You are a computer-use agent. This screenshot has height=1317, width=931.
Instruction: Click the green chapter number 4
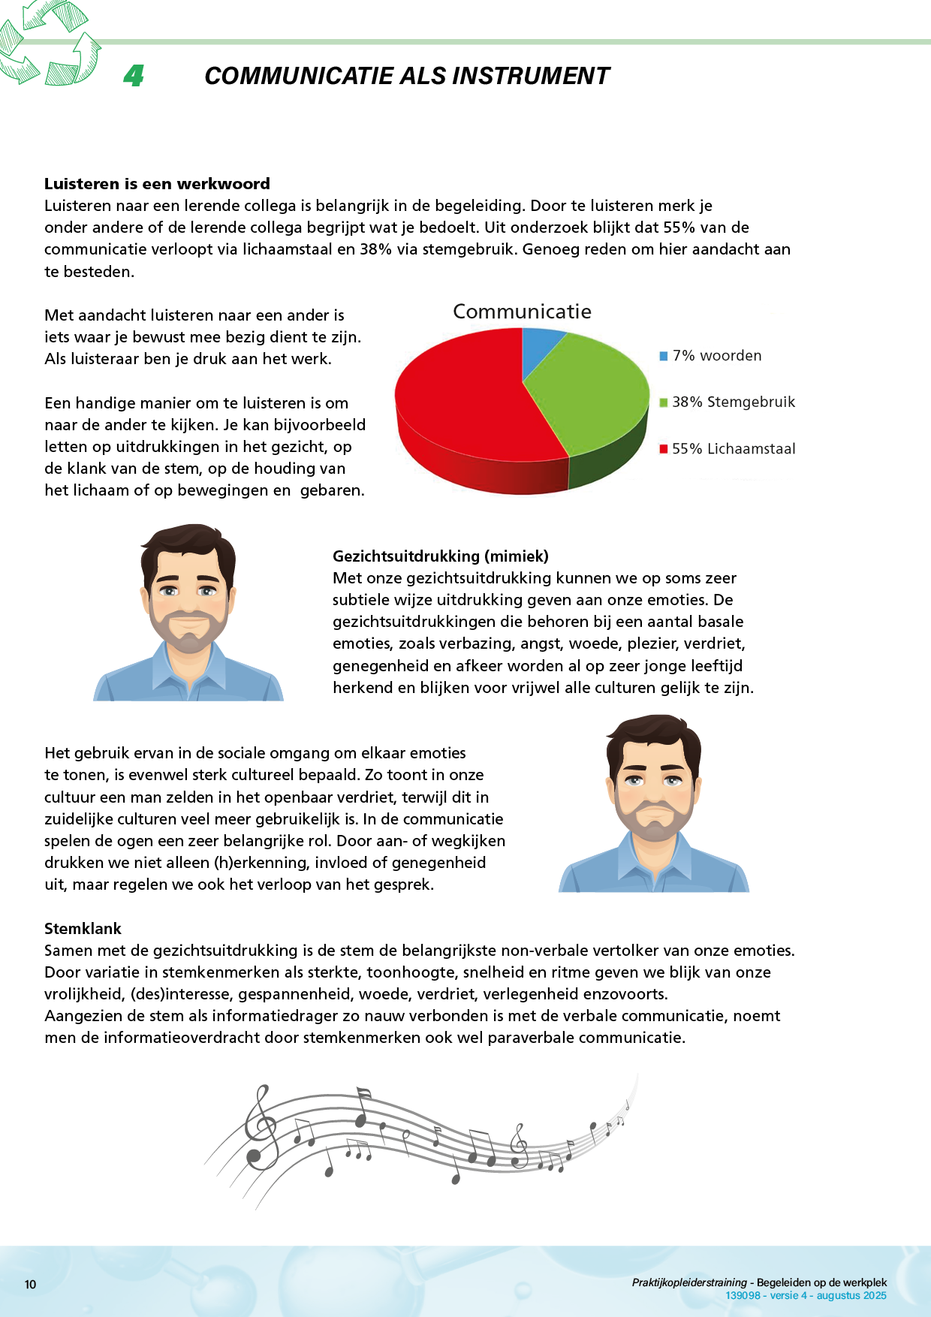(134, 76)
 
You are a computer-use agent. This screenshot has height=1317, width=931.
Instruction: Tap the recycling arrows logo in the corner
(50, 45)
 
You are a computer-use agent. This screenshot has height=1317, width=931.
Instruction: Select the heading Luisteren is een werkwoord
(157, 184)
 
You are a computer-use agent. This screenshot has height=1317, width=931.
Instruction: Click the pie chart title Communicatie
(522, 312)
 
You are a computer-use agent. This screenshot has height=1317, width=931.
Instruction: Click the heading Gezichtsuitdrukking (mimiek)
(441, 556)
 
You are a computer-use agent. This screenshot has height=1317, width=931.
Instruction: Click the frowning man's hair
(653, 732)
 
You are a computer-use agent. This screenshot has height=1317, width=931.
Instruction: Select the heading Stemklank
(83, 929)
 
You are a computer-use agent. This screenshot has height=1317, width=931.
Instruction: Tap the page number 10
(30, 1284)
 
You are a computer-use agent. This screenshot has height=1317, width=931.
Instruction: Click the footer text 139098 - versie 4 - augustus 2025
(806, 1295)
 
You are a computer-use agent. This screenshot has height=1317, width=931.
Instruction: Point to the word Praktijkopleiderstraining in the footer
(689, 1282)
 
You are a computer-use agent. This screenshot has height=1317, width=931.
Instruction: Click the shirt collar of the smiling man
(188, 665)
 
